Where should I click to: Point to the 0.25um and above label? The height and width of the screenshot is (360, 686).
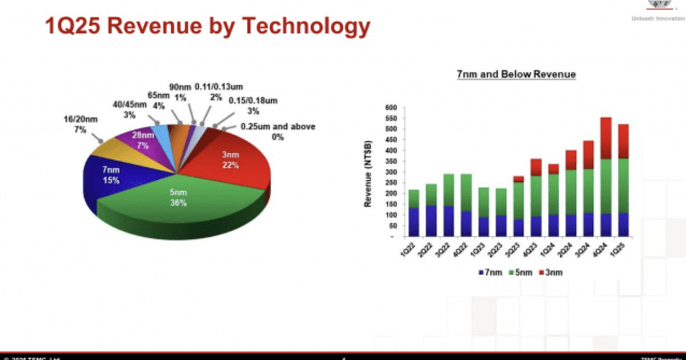tap(278, 131)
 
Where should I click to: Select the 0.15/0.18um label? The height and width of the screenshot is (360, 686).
tap(253, 105)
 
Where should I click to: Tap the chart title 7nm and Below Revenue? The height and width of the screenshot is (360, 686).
tap(516, 74)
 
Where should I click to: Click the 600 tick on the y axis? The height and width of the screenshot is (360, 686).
tap(390, 107)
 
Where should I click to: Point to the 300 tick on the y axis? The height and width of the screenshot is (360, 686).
tap(390, 172)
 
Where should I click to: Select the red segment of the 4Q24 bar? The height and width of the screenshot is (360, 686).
tap(605, 138)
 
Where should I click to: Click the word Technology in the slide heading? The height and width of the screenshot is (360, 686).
tap(306, 26)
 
